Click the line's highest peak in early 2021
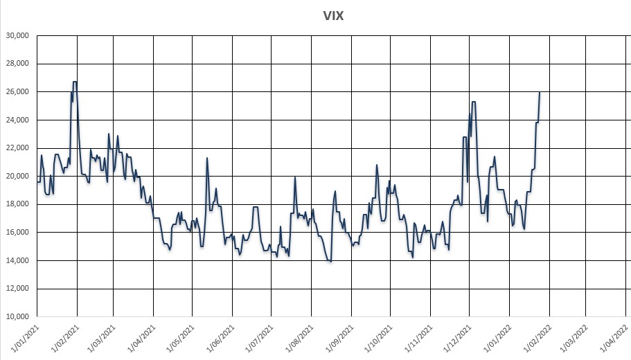point(75,82)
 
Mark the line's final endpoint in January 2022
point(540,92)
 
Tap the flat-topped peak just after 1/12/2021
point(474,102)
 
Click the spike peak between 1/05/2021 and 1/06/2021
point(207,158)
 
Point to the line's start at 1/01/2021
point(37,182)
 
